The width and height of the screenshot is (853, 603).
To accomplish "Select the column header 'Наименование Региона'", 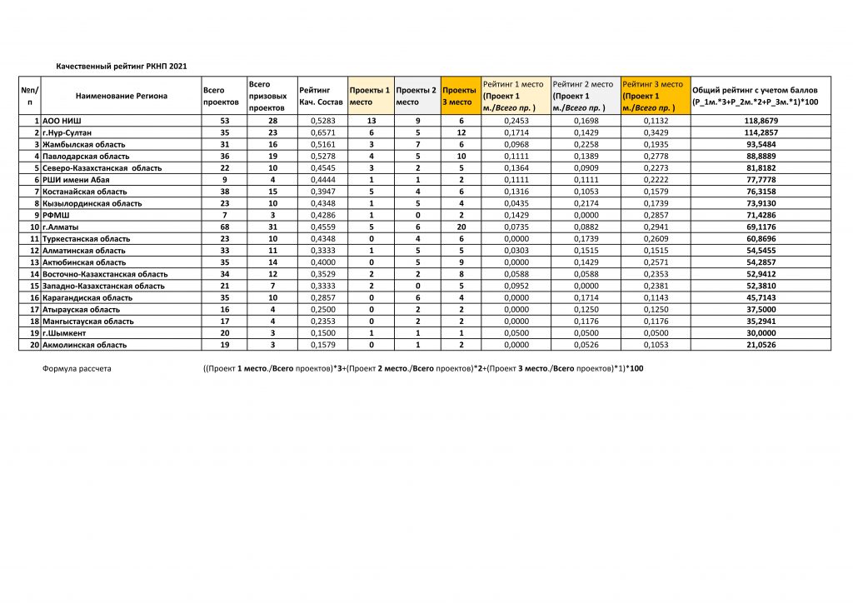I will pyautogui.click(x=121, y=96).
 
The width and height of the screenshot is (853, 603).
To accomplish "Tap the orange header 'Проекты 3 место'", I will pyautogui.click(x=459, y=96).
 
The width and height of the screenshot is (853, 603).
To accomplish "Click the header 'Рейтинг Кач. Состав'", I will pyautogui.click(x=321, y=96).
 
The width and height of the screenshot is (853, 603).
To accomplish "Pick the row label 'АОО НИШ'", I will pyautogui.click(x=62, y=121).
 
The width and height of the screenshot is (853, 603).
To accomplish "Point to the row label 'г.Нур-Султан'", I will pyautogui.click(x=67, y=132).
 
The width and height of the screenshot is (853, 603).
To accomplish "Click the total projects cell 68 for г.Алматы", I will pyautogui.click(x=223, y=227).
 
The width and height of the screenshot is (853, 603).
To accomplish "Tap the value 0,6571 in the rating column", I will pyautogui.click(x=322, y=132).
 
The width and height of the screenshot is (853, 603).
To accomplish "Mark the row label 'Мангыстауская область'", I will pyautogui.click(x=87, y=321).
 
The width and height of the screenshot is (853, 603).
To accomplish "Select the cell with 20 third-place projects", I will pyautogui.click(x=461, y=227).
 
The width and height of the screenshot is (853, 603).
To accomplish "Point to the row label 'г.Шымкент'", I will pyautogui.click(x=64, y=332).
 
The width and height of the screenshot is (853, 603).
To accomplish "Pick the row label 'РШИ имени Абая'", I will pyautogui.click(x=76, y=180).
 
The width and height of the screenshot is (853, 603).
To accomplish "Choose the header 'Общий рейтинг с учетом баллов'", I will pyautogui.click(x=755, y=90).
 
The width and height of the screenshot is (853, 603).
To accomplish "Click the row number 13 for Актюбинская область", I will pyautogui.click(x=35, y=262).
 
